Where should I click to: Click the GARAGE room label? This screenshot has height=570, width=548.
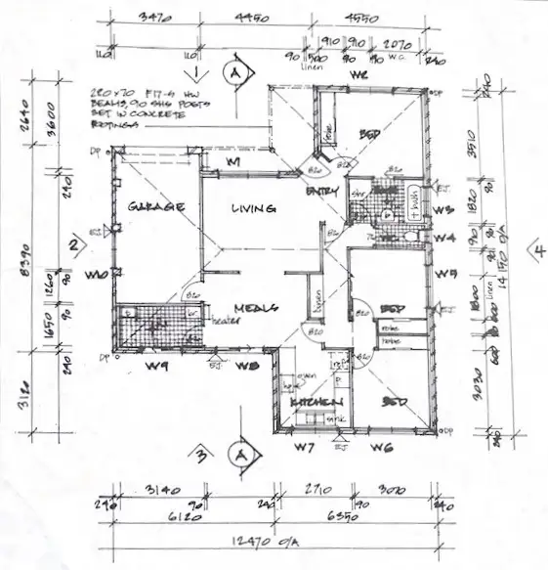[x=149, y=207]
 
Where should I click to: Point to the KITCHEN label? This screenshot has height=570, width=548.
[x=314, y=403]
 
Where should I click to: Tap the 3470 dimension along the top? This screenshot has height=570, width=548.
[x=154, y=18]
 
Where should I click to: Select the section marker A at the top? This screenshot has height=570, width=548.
[x=233, y=71]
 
